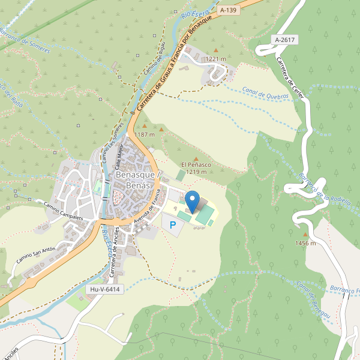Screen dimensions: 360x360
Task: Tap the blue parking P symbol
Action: click(173, 226)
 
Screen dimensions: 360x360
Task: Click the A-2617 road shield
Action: click(284, 40)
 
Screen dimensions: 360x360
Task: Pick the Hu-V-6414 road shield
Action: click(105, 289)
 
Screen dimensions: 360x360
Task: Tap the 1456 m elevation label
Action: click(305, 243)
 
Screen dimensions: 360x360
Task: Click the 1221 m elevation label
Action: click(215, 59)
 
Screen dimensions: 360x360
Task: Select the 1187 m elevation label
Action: click(145, 134)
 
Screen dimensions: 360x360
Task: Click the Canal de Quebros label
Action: click(266, 92)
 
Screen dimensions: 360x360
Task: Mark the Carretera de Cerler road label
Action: click(290, 77)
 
